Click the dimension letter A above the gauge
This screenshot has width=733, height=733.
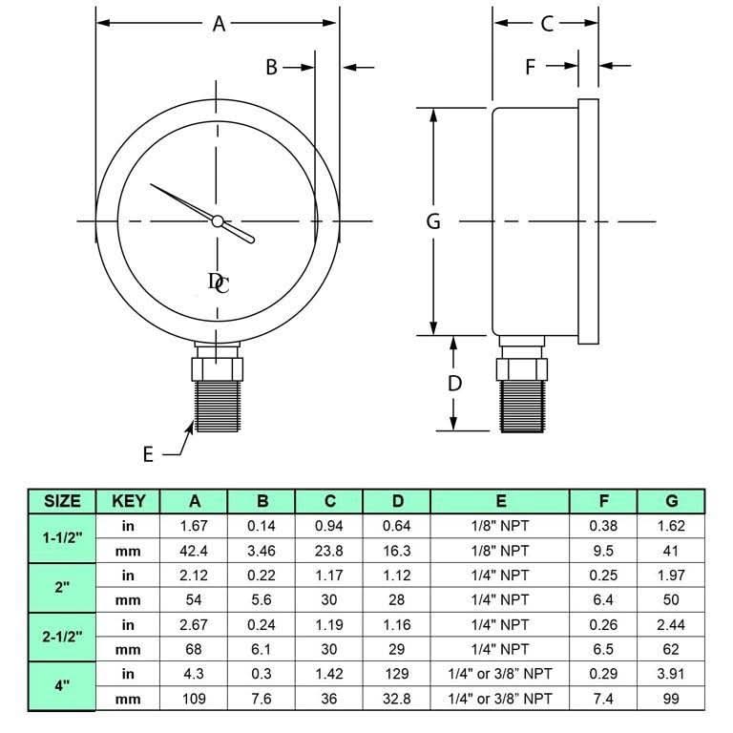[219, 25]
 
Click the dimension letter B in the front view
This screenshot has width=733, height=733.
[271, 67]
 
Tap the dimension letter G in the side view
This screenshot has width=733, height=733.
[433, 221]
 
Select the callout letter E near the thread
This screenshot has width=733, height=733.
[148, 454]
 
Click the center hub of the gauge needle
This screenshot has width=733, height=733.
[218, 221]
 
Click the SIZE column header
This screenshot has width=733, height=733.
[62, 501]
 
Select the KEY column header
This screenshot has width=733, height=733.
[128, 501]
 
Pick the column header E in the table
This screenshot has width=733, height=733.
[500, 501]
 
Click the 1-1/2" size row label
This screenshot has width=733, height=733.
[62, 537]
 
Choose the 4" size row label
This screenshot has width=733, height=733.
[62, 686]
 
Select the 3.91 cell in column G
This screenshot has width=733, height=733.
[671, 674]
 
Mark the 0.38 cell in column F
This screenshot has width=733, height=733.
[603, 526]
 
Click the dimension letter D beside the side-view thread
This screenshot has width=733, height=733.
[455, 383]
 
